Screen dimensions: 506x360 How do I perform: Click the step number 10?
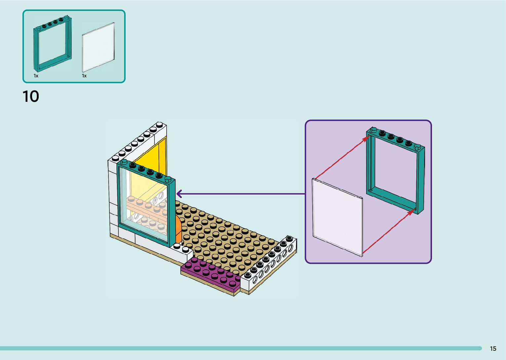tap(31, 97)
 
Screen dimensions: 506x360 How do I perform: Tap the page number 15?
tap(493, 348)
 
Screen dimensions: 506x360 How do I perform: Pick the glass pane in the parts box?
tap(98, 47)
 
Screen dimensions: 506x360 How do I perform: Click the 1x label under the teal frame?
tap(36, 76)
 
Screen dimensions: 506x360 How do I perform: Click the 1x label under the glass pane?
tap(84, 76)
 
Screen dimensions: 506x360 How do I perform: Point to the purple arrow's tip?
tap(177, 194)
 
